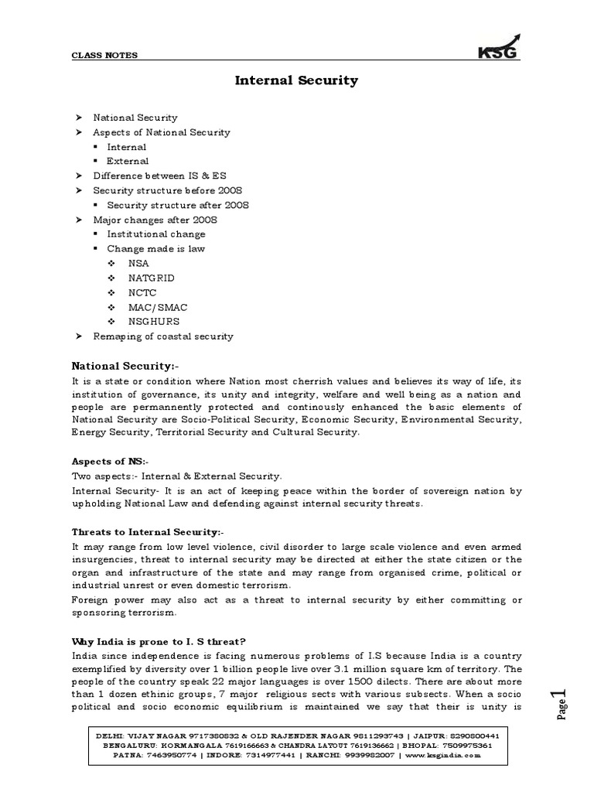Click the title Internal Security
pyautogui.click(x=296, y=80)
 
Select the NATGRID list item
pyautogui.click(x=151, y=278)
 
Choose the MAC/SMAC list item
pyautogui.click(x=158, y=307)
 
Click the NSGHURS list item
pyautogui.click(x=154, y=321)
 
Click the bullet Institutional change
pyautogui.click(x=155, y=234)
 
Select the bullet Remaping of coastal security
pyautogui.click(x=162, y=336)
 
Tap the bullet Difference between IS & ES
pyautogui.click(x=159, y=176)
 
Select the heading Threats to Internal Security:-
pyautogui.click(x=148, y=532)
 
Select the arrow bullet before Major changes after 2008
pyautogui.click(x=77, y=220)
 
